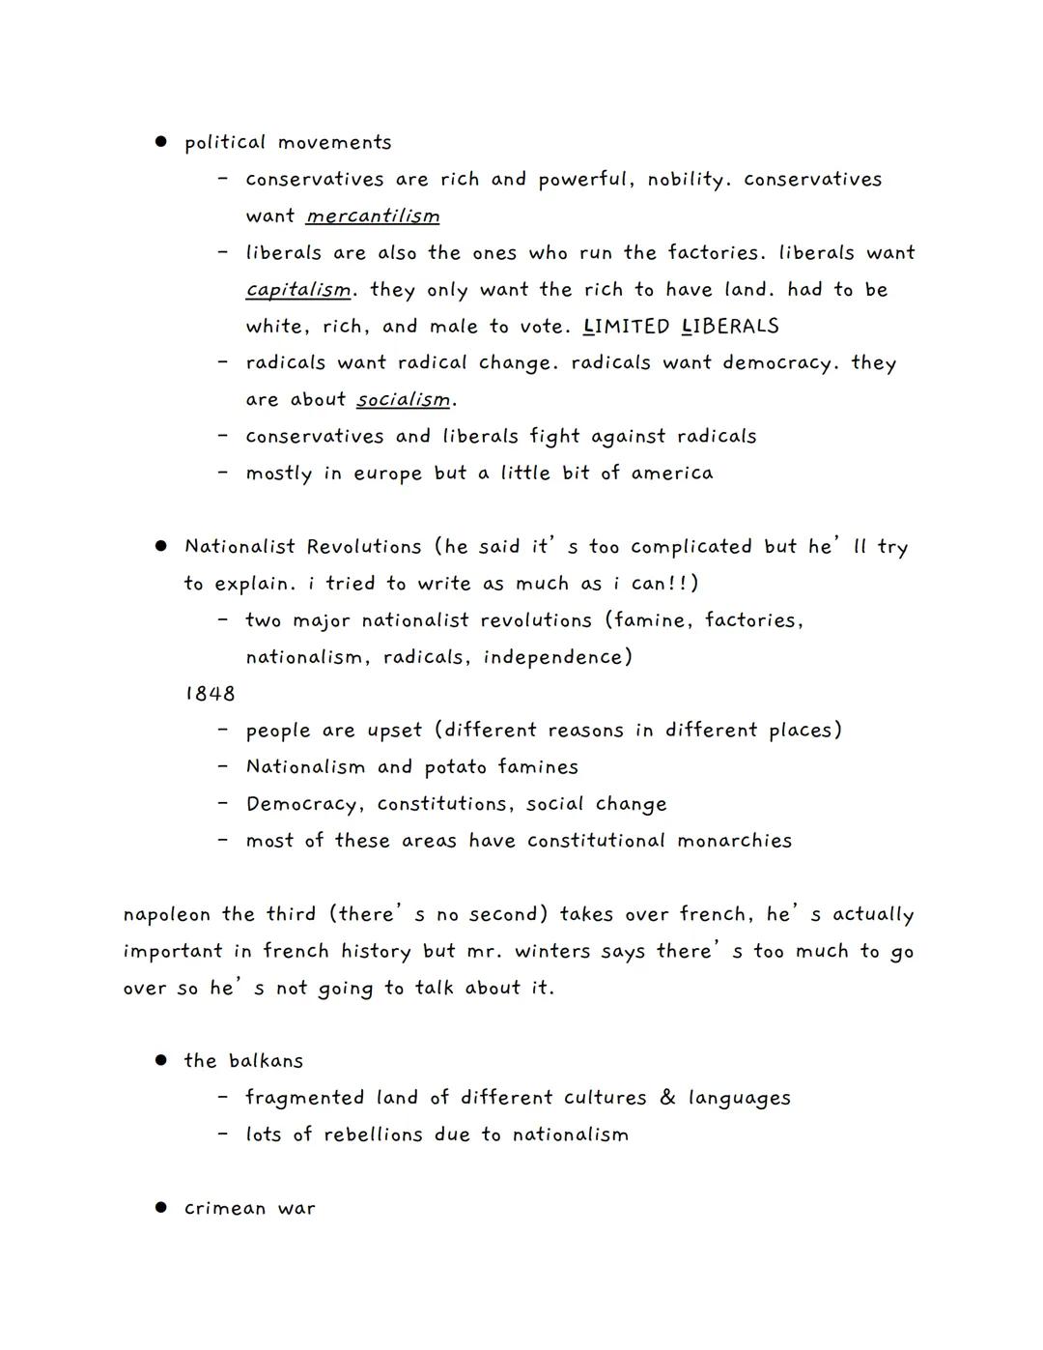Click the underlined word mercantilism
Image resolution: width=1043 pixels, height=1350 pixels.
373,216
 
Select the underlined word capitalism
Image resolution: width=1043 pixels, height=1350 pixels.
297,290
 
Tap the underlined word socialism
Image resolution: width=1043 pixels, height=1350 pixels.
404,399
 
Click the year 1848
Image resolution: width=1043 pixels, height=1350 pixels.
210,694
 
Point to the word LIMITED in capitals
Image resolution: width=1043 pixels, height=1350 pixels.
627,327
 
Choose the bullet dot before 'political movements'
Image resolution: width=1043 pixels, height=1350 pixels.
161,142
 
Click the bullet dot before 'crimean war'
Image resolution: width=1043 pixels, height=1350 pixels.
161,1208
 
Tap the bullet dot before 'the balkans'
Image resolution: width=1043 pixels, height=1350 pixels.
161,1060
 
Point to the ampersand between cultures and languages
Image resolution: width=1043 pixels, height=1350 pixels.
667,1098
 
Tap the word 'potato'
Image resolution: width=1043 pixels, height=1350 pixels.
455,767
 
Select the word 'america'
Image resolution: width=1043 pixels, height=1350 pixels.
672,474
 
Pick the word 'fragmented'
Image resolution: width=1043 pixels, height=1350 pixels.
304,1098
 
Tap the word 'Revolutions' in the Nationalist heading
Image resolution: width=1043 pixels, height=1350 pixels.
364,547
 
